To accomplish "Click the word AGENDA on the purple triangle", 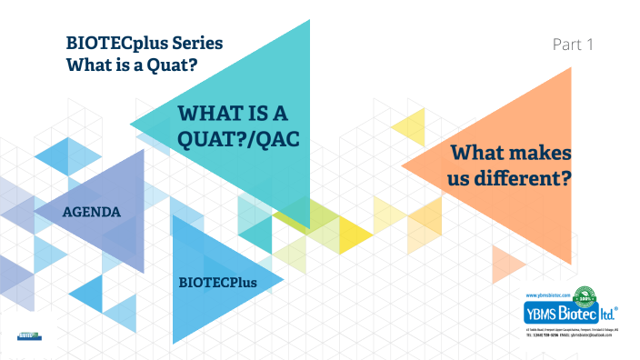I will [x=92, y=211].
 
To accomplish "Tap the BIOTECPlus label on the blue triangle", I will [x=217, y=283].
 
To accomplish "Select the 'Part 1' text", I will [x=573, y=44].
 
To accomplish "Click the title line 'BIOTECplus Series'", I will [x=144, y=43].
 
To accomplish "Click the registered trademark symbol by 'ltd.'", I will [x=618, y=308].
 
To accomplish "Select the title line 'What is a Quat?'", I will [x=132, y=65].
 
